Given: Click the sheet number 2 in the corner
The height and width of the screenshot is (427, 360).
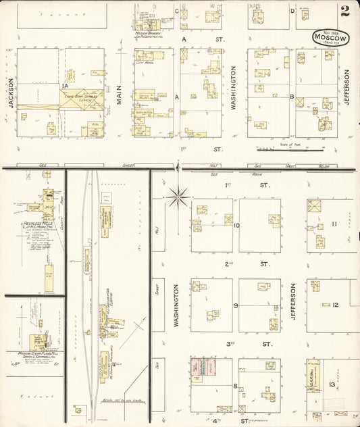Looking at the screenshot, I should (x=345, y=11).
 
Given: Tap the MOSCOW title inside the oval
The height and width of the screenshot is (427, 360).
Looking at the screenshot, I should (x=330, y=39).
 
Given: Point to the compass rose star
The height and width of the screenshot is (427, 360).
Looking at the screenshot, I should (x=178, y=197).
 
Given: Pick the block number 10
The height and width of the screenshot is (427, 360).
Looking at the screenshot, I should (x=236, y=226).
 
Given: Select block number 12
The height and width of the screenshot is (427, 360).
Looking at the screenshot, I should (x=334, y=305).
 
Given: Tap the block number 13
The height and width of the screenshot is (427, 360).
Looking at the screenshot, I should (x=332, y=384).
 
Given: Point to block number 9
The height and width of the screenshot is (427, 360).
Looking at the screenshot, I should (x=236, y=305).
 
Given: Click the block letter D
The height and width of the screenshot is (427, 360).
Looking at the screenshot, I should (x=292, y=11).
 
